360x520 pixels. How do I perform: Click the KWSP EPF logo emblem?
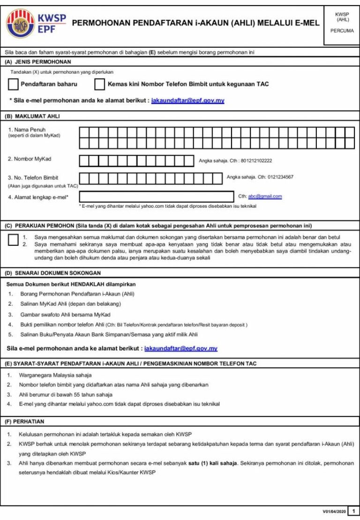click(x=20, y=23)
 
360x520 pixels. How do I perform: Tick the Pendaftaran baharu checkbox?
click(x=14, y=84)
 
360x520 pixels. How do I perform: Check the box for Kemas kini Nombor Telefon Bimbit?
click(x=99, y=84)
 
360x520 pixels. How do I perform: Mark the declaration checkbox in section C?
click(x=14, y=240)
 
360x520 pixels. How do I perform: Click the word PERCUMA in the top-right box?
click(x=342, y=30)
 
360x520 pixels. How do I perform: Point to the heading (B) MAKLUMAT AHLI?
click(x=32, y=116)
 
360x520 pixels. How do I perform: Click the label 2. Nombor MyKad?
click(x=30, y=159)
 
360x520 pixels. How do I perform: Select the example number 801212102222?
click(x=256, y=161)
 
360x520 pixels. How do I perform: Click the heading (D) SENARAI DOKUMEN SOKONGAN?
click(x=52, y=273)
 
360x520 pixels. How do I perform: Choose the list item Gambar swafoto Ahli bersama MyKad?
click(x=66, y=314)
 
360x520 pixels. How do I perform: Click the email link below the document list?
click(x=181, y=349)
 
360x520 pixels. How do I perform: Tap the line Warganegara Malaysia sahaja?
click(x=55, y=375)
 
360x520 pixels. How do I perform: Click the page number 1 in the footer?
click(x=354, y=511)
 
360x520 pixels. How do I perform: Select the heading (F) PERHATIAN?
click(x=24, y=422)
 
